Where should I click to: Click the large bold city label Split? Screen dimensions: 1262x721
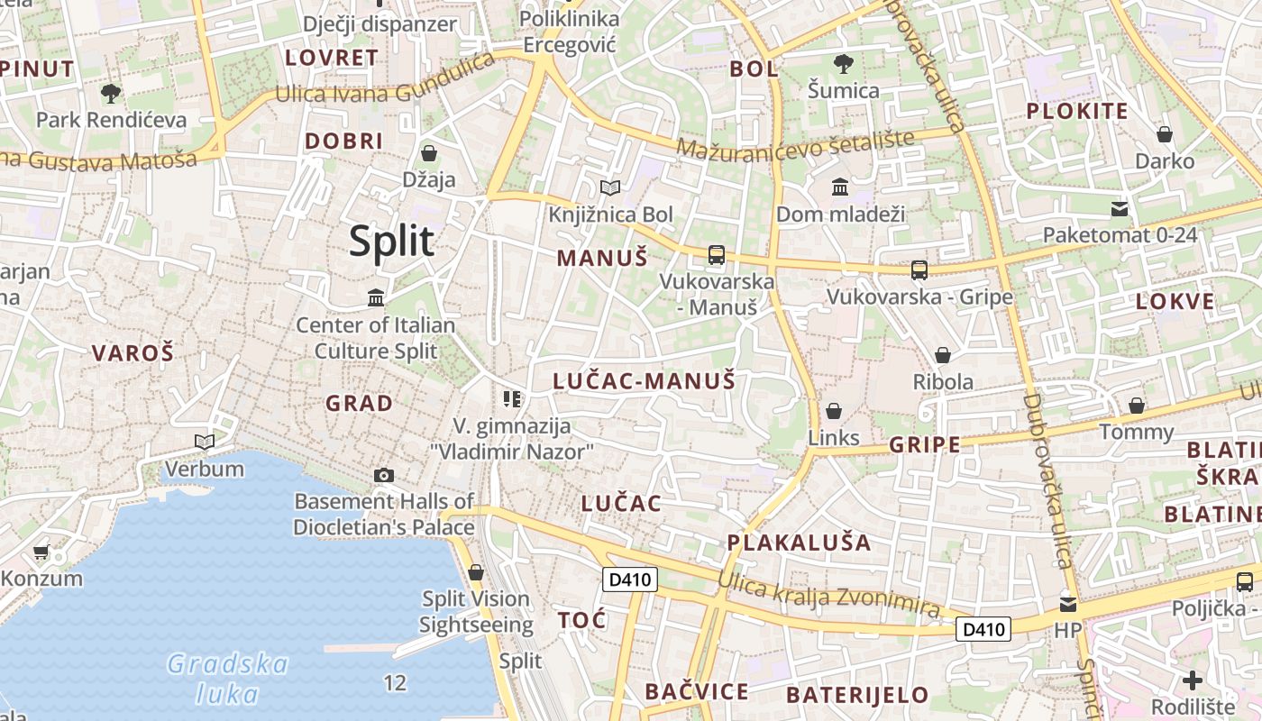click(391, 242)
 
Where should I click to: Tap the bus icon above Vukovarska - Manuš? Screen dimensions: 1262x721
click(717, 255)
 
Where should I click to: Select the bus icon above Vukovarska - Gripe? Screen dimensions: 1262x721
click(919, 269)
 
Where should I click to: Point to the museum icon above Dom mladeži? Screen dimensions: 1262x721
click(840, 187)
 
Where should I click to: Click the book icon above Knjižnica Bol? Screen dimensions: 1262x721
click(610, 187)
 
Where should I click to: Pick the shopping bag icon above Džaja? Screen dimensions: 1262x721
click(429, 153)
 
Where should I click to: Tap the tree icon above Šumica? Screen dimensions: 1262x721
click(844, 64)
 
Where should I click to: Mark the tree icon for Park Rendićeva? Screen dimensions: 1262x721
click(111, 93)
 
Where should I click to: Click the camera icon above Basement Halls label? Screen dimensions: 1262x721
click(383, 475)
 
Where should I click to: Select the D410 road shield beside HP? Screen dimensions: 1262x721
click(983, 628)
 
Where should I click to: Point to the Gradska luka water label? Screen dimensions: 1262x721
click(227, 679)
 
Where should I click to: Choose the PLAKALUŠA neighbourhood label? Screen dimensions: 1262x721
click(800, 543)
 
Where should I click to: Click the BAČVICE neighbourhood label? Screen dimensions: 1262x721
click(696, 691)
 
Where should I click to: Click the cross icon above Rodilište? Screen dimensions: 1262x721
click(1193, 680)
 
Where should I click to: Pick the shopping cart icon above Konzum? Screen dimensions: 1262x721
click(41, 552)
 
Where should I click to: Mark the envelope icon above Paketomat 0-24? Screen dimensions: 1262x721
click(1120, 209)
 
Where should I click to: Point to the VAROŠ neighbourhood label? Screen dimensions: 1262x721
click(133, 353)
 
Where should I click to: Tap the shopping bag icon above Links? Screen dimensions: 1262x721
click(833, 411)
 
